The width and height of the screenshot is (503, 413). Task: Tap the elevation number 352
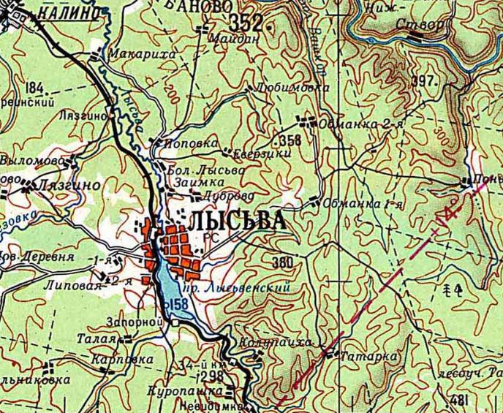246,21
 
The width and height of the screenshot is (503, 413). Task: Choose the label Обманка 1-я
362,202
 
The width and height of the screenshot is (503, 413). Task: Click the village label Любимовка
292,86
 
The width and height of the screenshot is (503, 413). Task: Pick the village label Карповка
123,360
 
